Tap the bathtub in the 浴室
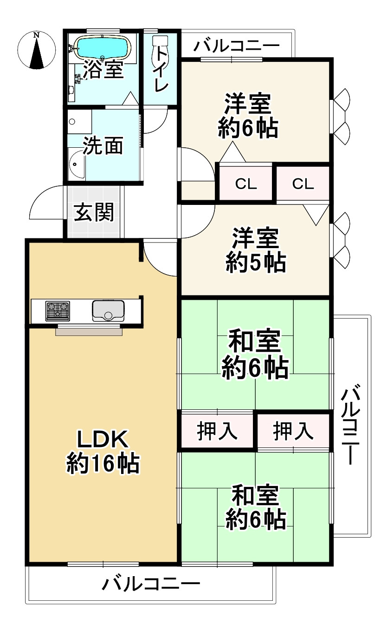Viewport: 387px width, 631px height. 103,47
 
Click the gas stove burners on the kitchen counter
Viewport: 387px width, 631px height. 58,311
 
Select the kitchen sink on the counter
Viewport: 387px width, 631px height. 108,310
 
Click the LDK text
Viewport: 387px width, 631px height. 102,438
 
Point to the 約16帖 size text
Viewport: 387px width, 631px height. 103,463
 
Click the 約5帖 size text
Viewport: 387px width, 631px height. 255,263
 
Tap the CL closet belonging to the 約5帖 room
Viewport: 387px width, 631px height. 303,184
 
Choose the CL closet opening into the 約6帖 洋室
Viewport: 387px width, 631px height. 245,184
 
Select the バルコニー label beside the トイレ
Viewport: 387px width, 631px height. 237,46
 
